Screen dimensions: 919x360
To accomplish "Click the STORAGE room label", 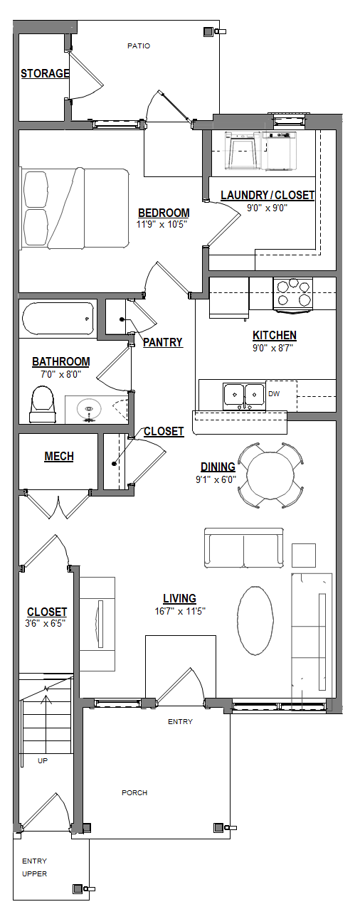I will (x=45, y=73).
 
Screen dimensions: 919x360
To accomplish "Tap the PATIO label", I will (x=139, y=46).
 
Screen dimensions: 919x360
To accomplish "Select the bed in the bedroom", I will (x=75, y=208).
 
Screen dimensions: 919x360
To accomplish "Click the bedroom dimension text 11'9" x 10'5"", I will (x=164, y=224).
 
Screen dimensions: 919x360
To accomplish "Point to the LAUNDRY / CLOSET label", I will (x=268, y=196).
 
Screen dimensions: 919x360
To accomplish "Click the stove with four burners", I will (x=293, y=293).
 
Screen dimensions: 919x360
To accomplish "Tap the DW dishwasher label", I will (x=274, y=392).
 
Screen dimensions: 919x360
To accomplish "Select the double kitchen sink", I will (x=243, y=395).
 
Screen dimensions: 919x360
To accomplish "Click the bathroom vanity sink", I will (x=89, y=410).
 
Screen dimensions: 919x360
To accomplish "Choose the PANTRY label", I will (x=163, y=342).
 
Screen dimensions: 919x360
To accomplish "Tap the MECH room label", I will (x=59, y=457).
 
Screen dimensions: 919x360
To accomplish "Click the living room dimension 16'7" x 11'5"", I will (x=179, y=610).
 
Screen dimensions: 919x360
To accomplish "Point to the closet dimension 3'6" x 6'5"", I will (x=47, y=624).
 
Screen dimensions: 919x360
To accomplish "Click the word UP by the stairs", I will (x=43, y=760).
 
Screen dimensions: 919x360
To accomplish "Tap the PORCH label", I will (x=134, y=792).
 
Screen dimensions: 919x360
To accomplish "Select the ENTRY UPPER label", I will (x=35, y=867).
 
